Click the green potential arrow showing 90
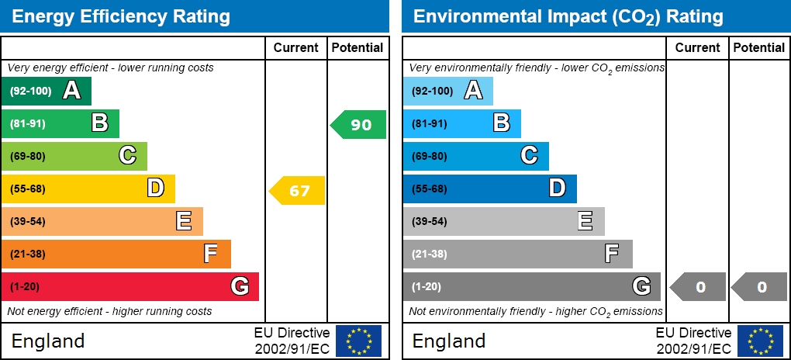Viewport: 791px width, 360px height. (x=359, y=124)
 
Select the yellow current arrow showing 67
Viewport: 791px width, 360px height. (x=298, y=190)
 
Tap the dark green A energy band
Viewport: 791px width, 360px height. (x=47, y=91)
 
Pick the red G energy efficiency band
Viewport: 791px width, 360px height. (x=130, y=286)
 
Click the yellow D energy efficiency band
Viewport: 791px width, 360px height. (x=88, y=189)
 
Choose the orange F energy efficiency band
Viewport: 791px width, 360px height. (x=116, y=254)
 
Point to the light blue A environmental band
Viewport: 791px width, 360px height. (x=447, y=91)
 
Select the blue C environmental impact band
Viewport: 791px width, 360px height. (x=475, y=156)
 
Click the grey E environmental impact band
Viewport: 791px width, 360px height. (x=503, y=221)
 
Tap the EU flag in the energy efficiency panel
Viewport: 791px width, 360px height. (x=358, y=341)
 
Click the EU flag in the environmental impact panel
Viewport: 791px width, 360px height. (x=760, y=341)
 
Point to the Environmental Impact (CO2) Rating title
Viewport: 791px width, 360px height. (x=568, y=16)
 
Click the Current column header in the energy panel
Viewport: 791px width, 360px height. (x=296, y=47)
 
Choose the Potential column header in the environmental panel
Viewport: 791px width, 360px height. (x=758, y=47)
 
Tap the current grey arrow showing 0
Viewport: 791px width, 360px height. (x=698, y=287)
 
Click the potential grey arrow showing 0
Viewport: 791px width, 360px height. (x=759, y=287)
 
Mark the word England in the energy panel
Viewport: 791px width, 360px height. (x=48, y=341)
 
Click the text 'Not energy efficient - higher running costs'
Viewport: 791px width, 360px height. (x=109, y=311)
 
